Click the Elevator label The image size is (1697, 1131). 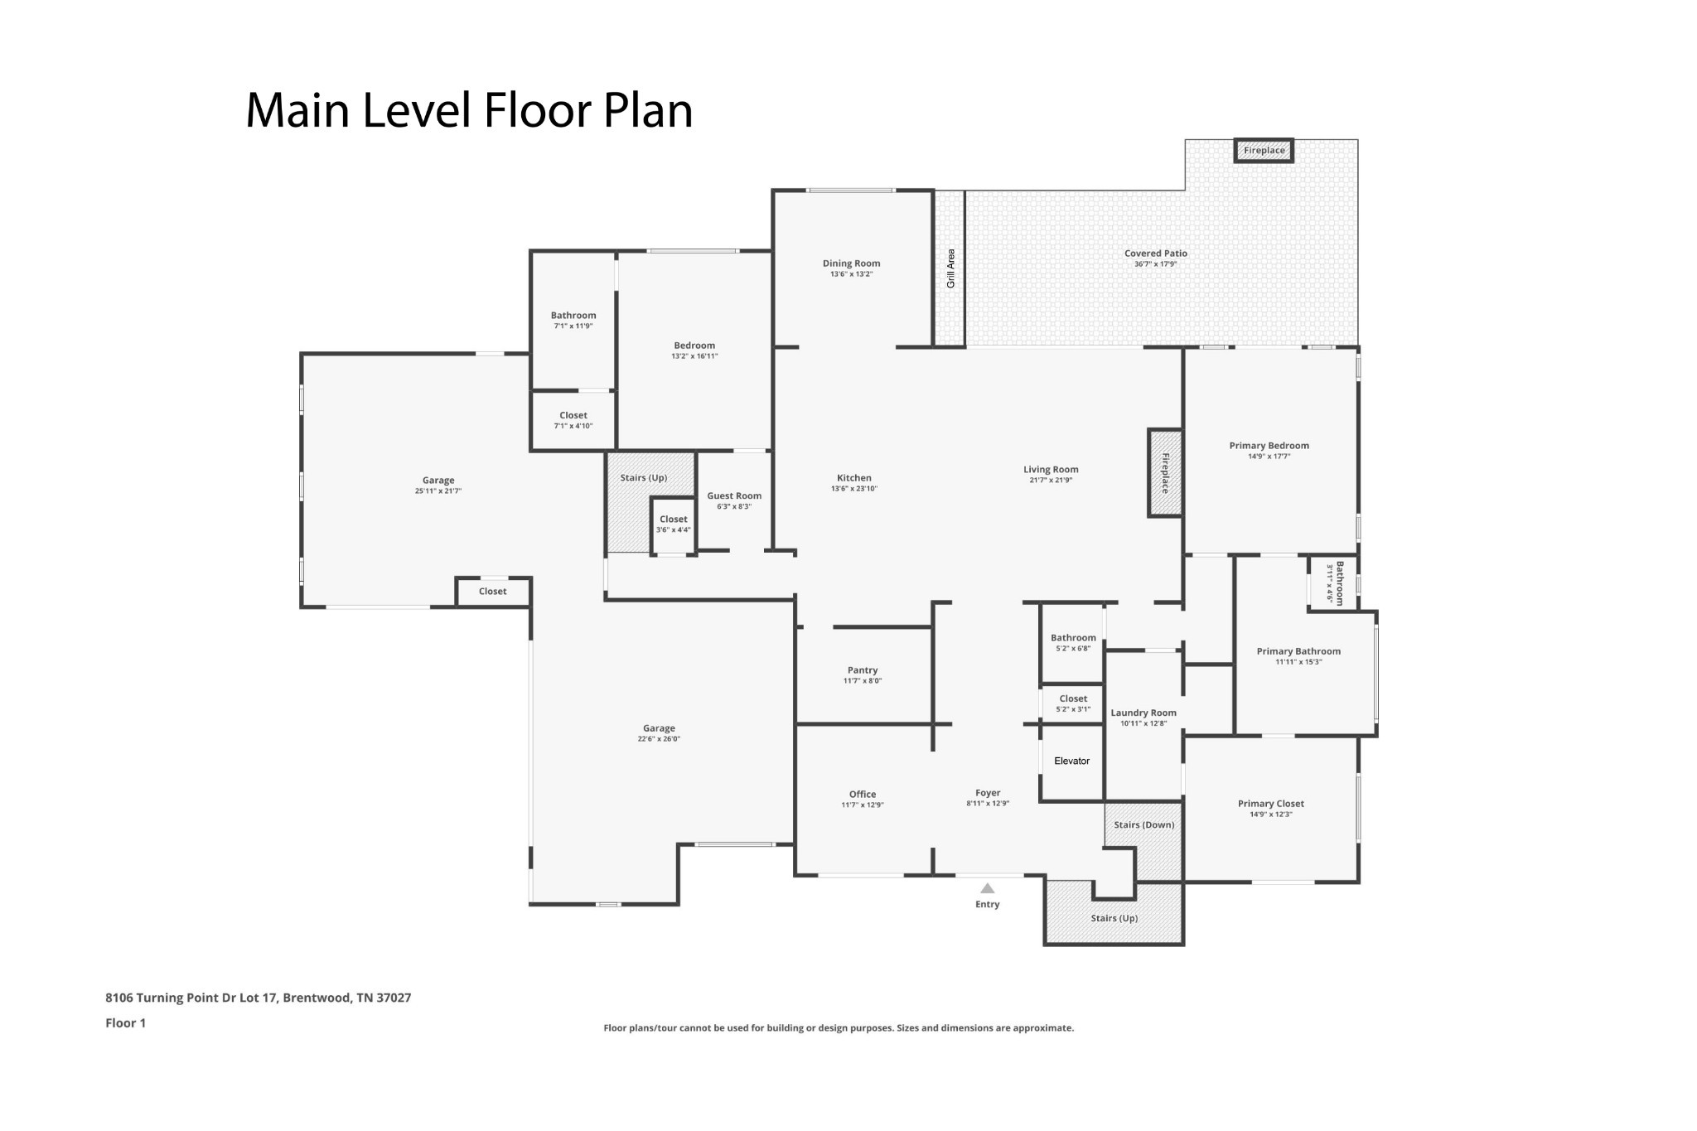tap(1071, 761)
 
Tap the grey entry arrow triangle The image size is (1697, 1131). tap(987, 888)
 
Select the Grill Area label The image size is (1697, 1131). tap(950, 268)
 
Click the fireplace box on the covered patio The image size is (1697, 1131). tap(1264, 150)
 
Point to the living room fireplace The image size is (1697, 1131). tap(1164, 473)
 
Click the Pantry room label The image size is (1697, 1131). tap(863, 670)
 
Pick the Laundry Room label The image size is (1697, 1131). tap(1143, 713)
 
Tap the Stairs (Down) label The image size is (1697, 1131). tap(1144, 824)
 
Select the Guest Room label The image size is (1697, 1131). tap(734, 496)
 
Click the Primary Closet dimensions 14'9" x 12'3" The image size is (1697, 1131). tap(1271, 814)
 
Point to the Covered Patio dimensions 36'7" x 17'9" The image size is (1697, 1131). tap(1156, 264)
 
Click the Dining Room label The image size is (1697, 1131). tap(851, 263)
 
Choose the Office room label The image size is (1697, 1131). tap(863, 794)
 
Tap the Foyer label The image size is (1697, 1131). tap(988, 793)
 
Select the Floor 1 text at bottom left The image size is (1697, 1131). tap(126, 1022)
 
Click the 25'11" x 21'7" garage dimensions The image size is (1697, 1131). tap(438, 491)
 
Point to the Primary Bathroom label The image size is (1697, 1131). tap(1298, 651)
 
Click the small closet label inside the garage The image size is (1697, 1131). tap(492, 591)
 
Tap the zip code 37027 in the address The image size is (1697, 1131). tap(394, 998)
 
